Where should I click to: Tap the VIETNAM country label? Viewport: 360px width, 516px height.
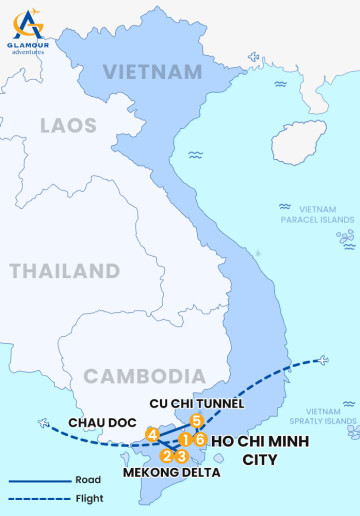pos(152,72)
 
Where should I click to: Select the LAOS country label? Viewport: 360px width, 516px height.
pos(68,126)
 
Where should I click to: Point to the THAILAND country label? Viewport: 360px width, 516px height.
pos(65,271)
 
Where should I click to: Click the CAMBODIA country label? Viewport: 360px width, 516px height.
pos(137,376)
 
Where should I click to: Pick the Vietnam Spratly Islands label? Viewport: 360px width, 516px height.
pos(331,416)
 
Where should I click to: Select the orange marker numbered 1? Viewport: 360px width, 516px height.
pos(185,439)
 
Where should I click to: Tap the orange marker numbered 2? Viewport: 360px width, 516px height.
pos(166,456)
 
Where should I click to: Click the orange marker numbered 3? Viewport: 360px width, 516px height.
pos(181,456)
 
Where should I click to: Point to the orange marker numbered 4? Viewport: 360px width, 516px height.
pos(152,435)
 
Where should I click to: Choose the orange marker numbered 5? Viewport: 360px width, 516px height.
pos(197,422)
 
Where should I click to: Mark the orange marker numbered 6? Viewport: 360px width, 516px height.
pos(200,439)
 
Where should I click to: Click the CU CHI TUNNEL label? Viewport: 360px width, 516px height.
pos(197,402)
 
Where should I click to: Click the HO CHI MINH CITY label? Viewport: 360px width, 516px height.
pos(259,450)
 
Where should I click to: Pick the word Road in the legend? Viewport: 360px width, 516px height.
pos(87,480)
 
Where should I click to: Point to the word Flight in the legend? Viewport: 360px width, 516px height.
pos(89,498)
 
